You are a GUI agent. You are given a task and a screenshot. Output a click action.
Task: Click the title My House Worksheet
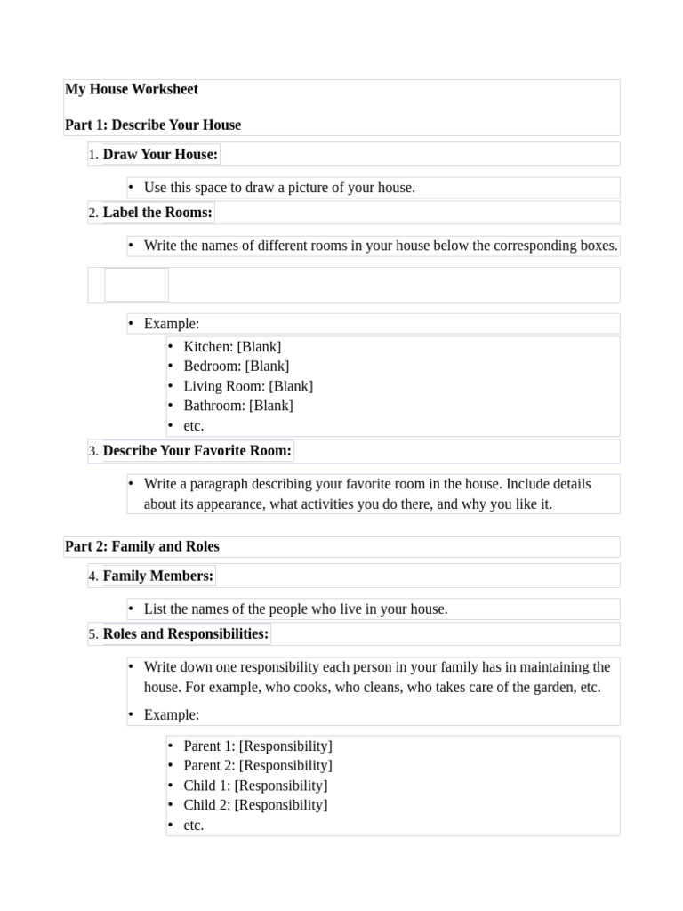[x=132, y=89]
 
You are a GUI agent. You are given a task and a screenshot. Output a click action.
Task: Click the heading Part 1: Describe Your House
[x=153, y=125]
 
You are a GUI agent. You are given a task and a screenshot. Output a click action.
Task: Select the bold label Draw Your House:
[x=160, y=155]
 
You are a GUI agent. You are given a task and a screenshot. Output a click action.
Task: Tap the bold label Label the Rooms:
[x=157, y=213]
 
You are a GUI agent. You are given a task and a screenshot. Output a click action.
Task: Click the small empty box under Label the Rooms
[x=136, y=285]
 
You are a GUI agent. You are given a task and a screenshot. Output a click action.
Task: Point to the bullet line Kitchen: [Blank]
[x=232, y=347]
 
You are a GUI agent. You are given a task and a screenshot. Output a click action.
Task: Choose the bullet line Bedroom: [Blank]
[x=236, y=367]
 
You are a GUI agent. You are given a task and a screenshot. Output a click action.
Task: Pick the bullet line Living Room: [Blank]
[x=248, y=386]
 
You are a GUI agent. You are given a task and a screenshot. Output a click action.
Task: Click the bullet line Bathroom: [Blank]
[x=237, y=406]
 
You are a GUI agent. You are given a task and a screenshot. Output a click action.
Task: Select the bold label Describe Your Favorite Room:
[x=197, y=451]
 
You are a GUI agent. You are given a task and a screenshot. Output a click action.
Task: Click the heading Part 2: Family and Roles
[x=142, y=546]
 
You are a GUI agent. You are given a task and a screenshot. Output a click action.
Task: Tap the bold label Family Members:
[x=158, y=576]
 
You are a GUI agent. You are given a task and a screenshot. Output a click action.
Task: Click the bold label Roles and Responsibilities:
[x=186, y=634]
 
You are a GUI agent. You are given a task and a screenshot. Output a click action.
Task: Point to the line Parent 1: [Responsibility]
[x=258, y=746]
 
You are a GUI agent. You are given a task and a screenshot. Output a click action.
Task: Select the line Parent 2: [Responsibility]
[x=258, y=766]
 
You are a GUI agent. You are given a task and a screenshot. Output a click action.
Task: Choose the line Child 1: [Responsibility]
[x=255, y=786]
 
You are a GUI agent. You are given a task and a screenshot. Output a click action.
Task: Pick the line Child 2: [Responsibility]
[x=255, y=805]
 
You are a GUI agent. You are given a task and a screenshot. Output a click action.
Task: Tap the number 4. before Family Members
[x=93, y=576]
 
